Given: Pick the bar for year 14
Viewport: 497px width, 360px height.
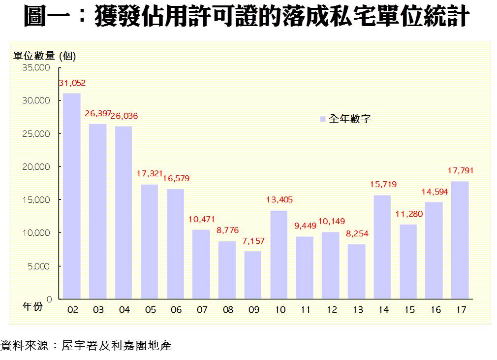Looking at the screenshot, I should tap(382, 247).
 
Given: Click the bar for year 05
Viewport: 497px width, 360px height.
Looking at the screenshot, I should tap(150, 241).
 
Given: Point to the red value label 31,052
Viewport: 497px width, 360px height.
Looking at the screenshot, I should tap(72, 83).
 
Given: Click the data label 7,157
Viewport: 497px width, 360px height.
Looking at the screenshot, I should tap(253, 241).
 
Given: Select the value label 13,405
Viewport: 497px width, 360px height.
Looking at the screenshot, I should tap(279, 200).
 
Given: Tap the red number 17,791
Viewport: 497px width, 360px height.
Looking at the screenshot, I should tap(460, 171).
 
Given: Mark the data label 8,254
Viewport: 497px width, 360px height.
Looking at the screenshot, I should tap(357, 234).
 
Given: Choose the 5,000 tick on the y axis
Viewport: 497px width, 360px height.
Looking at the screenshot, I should tap(38, 266).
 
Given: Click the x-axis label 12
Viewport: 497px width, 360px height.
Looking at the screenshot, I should tap(331, 310).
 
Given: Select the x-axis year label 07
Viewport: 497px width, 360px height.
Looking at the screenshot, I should tap(202, 310).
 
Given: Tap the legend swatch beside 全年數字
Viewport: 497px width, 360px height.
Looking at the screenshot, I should tap(323, 119).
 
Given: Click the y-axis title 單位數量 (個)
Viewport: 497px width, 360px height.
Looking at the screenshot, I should tap(45, 56).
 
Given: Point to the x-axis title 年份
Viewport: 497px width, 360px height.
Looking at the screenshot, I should tap(32, 306).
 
